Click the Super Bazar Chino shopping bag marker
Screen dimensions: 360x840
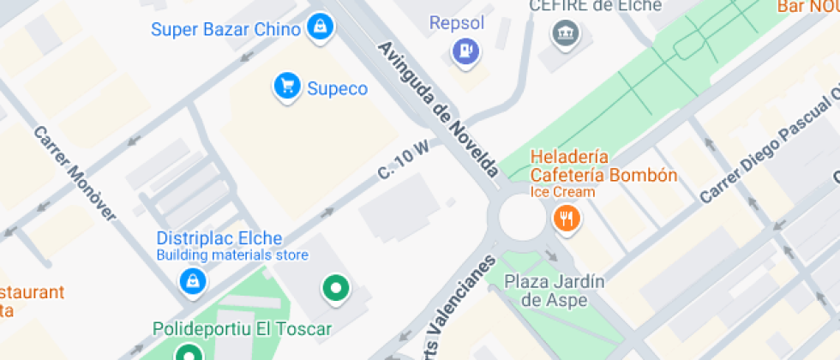click(x=320, y=25)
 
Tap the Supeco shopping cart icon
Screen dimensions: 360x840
click(x=286, y=86)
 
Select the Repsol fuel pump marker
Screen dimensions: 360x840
click(x=466, y=51)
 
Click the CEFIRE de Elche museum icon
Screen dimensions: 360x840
click(x=567, y=34)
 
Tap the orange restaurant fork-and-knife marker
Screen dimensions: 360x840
click(x=566, y=218)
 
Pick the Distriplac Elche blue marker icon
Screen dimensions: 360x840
click(x=191, y=280)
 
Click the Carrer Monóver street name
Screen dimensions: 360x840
click(x=75, y=173)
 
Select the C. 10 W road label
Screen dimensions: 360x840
click(x=403, y=160)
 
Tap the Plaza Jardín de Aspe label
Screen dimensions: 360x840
click(x=555, y=290)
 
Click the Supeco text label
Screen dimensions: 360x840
click(x=337, y=88)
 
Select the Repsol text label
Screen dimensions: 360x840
click(x=457, y=22)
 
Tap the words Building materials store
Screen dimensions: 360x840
click(x=231, y=255)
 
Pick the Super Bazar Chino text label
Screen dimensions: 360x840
click(x=225, y=29)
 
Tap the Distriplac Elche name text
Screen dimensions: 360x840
click(x=219, y=238)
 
